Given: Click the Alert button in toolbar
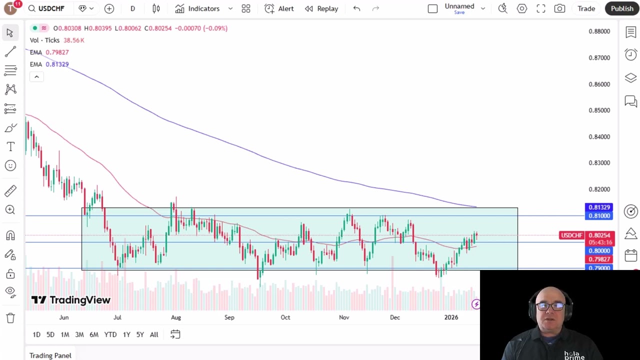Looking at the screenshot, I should (x=279, y=8).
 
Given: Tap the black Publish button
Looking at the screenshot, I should (x=621, y=8).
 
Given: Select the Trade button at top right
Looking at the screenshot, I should (x=586, y=8).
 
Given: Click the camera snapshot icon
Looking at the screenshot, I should (x=559, y=8).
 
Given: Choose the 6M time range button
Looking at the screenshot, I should (x=94, y=334).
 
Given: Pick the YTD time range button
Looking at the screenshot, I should (x=110, y=334).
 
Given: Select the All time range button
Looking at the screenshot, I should (x=154, y=334).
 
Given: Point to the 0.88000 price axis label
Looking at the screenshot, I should (x=599, y=31).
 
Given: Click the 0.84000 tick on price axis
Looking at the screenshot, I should (x=599, y=136).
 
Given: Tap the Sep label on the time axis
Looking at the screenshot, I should (x=229, y=317).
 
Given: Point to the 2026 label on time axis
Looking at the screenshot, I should (x=451, y=317).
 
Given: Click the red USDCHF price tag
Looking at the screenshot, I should (x=571, y=235).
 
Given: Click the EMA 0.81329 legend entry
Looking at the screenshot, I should (x=49, y=64).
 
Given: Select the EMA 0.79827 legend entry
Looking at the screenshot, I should (x=49, y=52).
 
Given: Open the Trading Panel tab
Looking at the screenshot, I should (x=50, y=355).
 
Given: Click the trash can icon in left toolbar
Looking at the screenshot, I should (x=10, y=318).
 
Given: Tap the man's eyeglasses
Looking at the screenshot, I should (x=550, y=306).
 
